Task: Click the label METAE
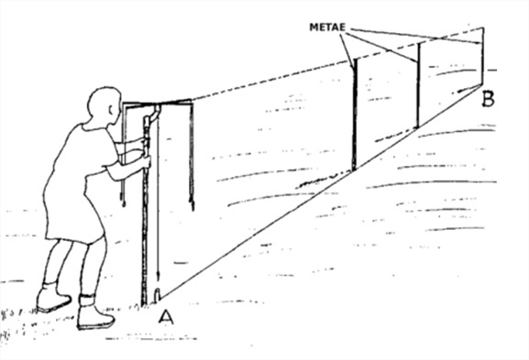point(327,27)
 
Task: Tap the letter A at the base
point(166,317)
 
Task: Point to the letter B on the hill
point(488,100)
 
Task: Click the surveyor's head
point(104,107)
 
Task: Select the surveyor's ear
point(111,110)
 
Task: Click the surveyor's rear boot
point(52,299)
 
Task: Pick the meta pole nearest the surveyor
point(354,115)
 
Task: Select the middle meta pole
point(418,85)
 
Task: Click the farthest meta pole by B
point(483,56)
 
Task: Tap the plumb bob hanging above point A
point(158,276)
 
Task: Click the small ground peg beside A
point(157,294)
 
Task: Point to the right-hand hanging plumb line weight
point(193,203)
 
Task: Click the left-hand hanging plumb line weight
point(124,202)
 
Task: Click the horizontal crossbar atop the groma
point(157,103)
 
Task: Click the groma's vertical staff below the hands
point(145,236)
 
